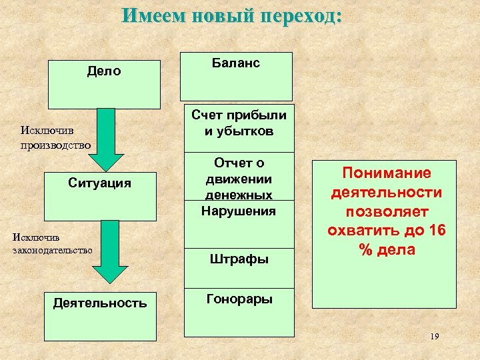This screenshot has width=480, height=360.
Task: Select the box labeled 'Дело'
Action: click(104, 84)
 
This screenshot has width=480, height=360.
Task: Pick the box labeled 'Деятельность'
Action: click(99, 316)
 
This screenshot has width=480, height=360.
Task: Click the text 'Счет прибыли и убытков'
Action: click(239, 123)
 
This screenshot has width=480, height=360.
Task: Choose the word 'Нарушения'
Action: click(239, 211)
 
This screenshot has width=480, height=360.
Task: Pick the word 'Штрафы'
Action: click(239, 259)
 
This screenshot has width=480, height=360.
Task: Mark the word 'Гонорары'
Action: click(238, 299)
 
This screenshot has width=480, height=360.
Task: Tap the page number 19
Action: click(434, 337)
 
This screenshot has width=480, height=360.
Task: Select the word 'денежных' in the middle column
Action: click(239, 195)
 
